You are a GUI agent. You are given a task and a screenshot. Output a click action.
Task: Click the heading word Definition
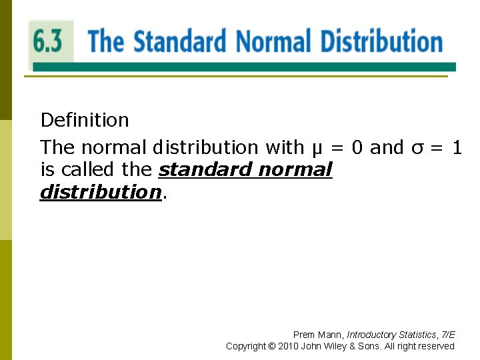[85, 120]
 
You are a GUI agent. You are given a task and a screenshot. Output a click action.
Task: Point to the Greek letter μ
[317, 148]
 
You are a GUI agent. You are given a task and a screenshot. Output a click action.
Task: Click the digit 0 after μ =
[357, 147]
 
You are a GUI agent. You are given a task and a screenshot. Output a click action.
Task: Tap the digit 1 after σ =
[457, 147]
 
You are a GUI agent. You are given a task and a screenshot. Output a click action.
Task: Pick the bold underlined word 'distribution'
[101, 192]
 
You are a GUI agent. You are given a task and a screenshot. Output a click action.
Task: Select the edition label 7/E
[448, 335]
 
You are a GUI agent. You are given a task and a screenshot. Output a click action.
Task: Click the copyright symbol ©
[271, 346]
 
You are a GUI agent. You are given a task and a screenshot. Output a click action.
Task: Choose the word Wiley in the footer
[333, 346]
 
